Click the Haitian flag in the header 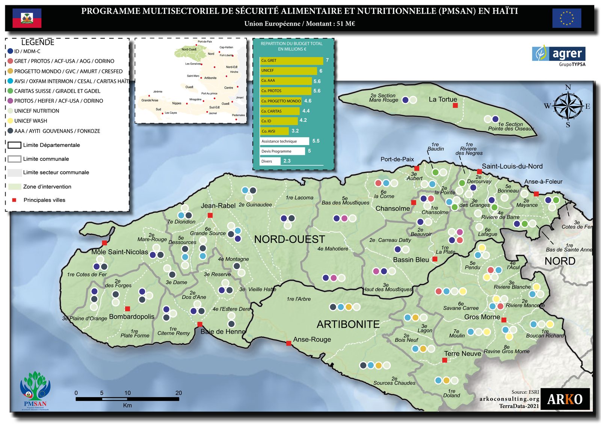(27, 18)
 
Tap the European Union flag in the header (566, 18)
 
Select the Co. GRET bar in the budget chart (291, 60)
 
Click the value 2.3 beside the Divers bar (287, 161)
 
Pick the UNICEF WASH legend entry (30, 121)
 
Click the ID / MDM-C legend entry (27, 51)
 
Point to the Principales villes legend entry (44, 200)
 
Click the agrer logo (559, 54)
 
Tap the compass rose (568, 106)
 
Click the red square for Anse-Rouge (288, 343)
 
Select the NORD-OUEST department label (289, 239)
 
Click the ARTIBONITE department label (348, 324)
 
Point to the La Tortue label (443, 100)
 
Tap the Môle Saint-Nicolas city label (119, 252)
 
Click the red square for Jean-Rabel (210, 215)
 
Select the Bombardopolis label (131, 316)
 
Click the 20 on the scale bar (178, 393)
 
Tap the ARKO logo (565, 399)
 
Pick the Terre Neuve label (462, 354)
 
